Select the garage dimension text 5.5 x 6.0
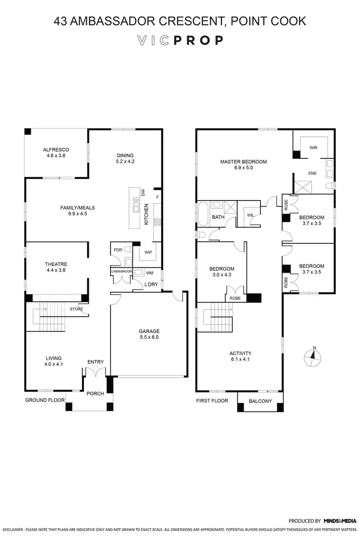(x=149, y=337)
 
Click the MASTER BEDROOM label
(x=243, y=162)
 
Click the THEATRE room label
(x=56, y=264)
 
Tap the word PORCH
(x=95, y=394)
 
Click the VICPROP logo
(x=180, y=40)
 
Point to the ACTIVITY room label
(x=240, y=354)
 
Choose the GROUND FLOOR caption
(x=43, y=400)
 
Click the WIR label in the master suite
(x=314, y=148)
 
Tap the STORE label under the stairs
(x=77, y=309)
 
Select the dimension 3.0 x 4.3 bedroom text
(x=221, y=276)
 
